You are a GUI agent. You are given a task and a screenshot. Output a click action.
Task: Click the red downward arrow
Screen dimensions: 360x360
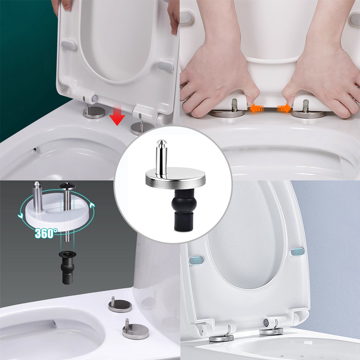(117, 116)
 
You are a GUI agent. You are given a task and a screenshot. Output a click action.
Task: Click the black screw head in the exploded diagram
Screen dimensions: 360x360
(67, 187)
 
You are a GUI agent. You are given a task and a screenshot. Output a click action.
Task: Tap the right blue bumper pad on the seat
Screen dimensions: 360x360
(298, 252)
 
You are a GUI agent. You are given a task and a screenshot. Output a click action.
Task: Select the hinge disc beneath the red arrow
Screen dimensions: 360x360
(140, 128)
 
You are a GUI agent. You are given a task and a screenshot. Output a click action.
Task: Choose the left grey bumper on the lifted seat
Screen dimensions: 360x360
(68, 45)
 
